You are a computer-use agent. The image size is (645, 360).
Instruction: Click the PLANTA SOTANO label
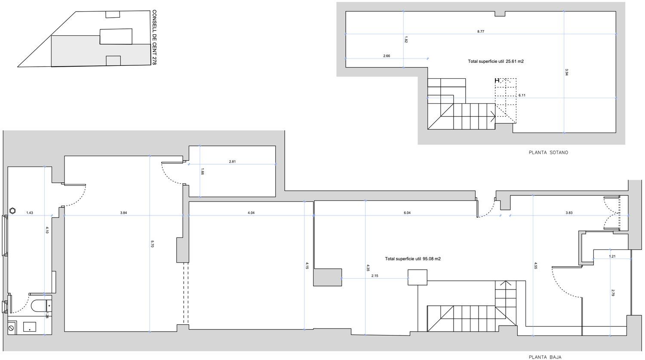point(548,153)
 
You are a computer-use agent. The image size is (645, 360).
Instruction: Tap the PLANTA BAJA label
point(545,357)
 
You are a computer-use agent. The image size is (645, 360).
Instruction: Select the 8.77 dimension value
point(481,31)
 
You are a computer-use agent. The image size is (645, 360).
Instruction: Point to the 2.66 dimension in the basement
point(387,56)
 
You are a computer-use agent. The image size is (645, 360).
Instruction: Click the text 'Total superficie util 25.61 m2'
point(495,62)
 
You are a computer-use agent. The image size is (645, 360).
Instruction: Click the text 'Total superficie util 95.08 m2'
point(413,258)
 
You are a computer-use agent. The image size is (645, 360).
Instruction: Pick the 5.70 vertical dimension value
point(152,243)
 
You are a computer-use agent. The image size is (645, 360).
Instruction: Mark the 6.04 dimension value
point(407,213)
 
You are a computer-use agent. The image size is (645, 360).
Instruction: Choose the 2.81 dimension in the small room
point(232,162)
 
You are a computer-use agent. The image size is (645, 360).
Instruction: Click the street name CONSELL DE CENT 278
point(154,37)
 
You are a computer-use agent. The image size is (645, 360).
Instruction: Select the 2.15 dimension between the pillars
point(375,276)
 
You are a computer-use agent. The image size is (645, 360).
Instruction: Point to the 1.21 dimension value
point(612,256)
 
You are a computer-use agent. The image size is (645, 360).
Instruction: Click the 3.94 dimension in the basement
point(567,72)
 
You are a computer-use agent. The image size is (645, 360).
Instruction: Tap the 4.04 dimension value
point(251,213)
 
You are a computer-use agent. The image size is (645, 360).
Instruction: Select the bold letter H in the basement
point(497,80)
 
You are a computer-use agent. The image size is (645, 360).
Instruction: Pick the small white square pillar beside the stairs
point(417,277)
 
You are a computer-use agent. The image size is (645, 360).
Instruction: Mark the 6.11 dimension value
point(522,95)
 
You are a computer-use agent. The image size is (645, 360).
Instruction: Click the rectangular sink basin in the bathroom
point(29,327)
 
